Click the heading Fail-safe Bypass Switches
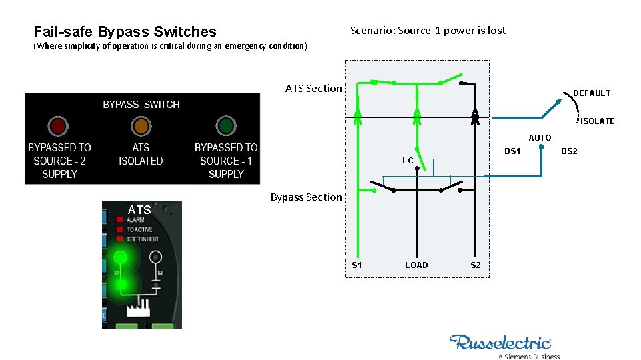(x=125, y=31)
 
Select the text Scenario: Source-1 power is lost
(x=428, y=30)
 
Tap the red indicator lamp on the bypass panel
(x=58, y=126)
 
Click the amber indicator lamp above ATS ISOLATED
(x=141, y=126)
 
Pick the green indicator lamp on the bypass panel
(x=226, y=126)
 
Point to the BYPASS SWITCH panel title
(x=141, y=105)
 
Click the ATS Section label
(x=313, y=88)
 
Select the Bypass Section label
(x=306, y=197)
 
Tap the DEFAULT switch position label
(x=592, y=93)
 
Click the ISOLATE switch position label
(x=597, y=121)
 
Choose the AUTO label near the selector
(x=540, y=138)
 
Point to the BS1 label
(x=512, y=151)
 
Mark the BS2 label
(x=569, y=151)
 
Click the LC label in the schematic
(x=408, y=161)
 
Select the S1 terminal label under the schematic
(x=357, y=265)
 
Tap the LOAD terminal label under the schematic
(x=416, y=265)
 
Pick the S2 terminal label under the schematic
(x=476, y=265)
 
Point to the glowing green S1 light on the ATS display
(x=121, y=257)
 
